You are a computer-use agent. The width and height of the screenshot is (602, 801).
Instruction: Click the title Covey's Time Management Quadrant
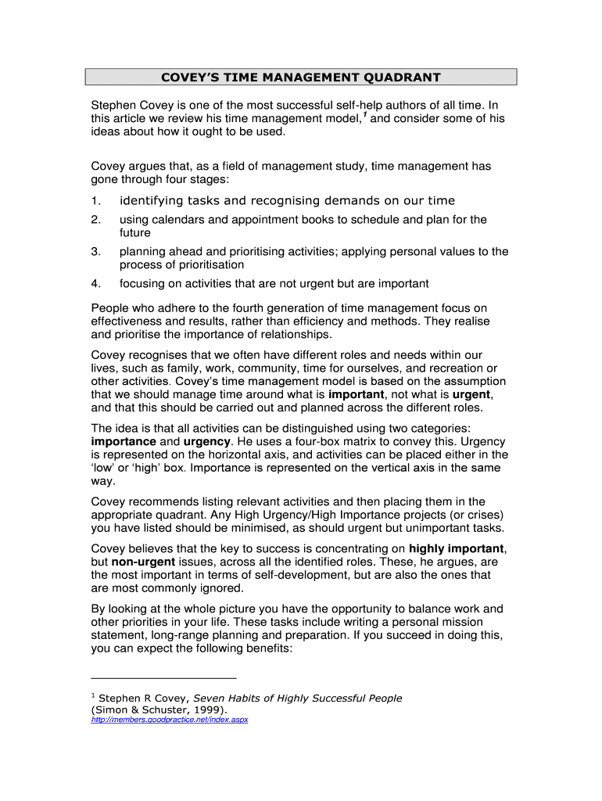point(301,77)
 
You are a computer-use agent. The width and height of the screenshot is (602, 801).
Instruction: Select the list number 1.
point(95,201)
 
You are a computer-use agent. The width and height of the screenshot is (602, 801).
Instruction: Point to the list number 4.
point(95,283)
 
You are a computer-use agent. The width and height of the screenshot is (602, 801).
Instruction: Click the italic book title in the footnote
point(298,698)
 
